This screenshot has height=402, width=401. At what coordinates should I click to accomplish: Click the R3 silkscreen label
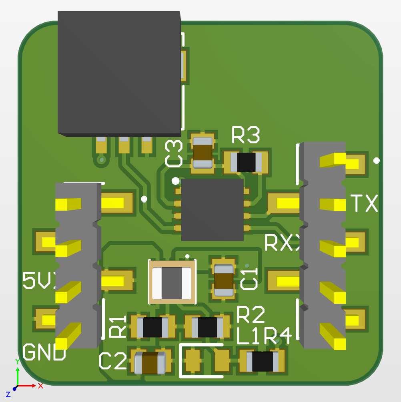[246, 135]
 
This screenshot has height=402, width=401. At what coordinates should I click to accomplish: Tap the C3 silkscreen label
[174, 153]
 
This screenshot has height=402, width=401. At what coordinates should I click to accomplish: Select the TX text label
[364, 203]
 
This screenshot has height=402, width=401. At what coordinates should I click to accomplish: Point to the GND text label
[44, 352]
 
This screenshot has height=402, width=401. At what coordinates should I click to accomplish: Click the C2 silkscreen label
[112, 361]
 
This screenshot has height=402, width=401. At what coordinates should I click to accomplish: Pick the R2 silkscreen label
[251, 315]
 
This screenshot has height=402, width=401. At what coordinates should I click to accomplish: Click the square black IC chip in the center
[212, 210]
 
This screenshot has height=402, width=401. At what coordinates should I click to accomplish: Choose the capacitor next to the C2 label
[150, 363]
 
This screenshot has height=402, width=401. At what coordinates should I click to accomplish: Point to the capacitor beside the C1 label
[223, 281]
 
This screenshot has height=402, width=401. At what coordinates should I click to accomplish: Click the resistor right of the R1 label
[152, 327]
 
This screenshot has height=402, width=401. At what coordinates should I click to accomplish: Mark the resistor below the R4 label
[263, 361]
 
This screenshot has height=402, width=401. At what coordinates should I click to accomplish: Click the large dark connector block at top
[119, 72]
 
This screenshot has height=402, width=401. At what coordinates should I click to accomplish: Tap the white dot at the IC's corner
[175, 181]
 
